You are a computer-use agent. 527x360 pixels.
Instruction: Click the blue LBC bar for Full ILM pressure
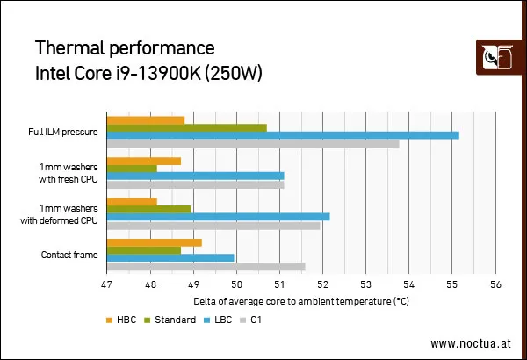(283, 135)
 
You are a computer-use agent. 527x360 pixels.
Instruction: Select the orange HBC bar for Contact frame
(155, 242)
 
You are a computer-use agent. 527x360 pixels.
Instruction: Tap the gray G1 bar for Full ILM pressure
(253, 144)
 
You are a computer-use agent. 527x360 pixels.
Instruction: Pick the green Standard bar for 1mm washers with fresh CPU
(132, 169)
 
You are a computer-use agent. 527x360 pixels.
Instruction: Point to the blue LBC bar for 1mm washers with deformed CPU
(218, 217)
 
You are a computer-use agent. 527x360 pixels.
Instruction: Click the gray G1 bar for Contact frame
(206, 267)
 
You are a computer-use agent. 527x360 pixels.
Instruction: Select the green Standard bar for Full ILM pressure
(187, 128)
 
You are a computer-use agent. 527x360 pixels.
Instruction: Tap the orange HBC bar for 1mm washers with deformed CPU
(132, 202)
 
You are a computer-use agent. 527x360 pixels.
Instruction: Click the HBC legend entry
(121, 320)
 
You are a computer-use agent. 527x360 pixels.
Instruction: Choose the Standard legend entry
(170, 320)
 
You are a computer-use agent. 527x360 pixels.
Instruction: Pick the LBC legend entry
(218, 320)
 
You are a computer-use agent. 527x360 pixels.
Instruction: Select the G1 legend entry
(250, 320)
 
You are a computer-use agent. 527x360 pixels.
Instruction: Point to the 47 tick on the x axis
(106, 284)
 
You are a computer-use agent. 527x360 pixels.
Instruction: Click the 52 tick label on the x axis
(322, 284)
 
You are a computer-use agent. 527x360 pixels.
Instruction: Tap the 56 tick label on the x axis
(495, 284)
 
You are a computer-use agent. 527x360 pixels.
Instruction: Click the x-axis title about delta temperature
(301, 301)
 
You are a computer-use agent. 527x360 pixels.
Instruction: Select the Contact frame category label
(69, 255)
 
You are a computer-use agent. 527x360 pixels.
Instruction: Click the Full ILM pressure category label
(63, 132)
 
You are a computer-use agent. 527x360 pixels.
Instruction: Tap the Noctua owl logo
(498, 57)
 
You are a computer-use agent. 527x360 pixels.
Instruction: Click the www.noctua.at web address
(471, 343)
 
